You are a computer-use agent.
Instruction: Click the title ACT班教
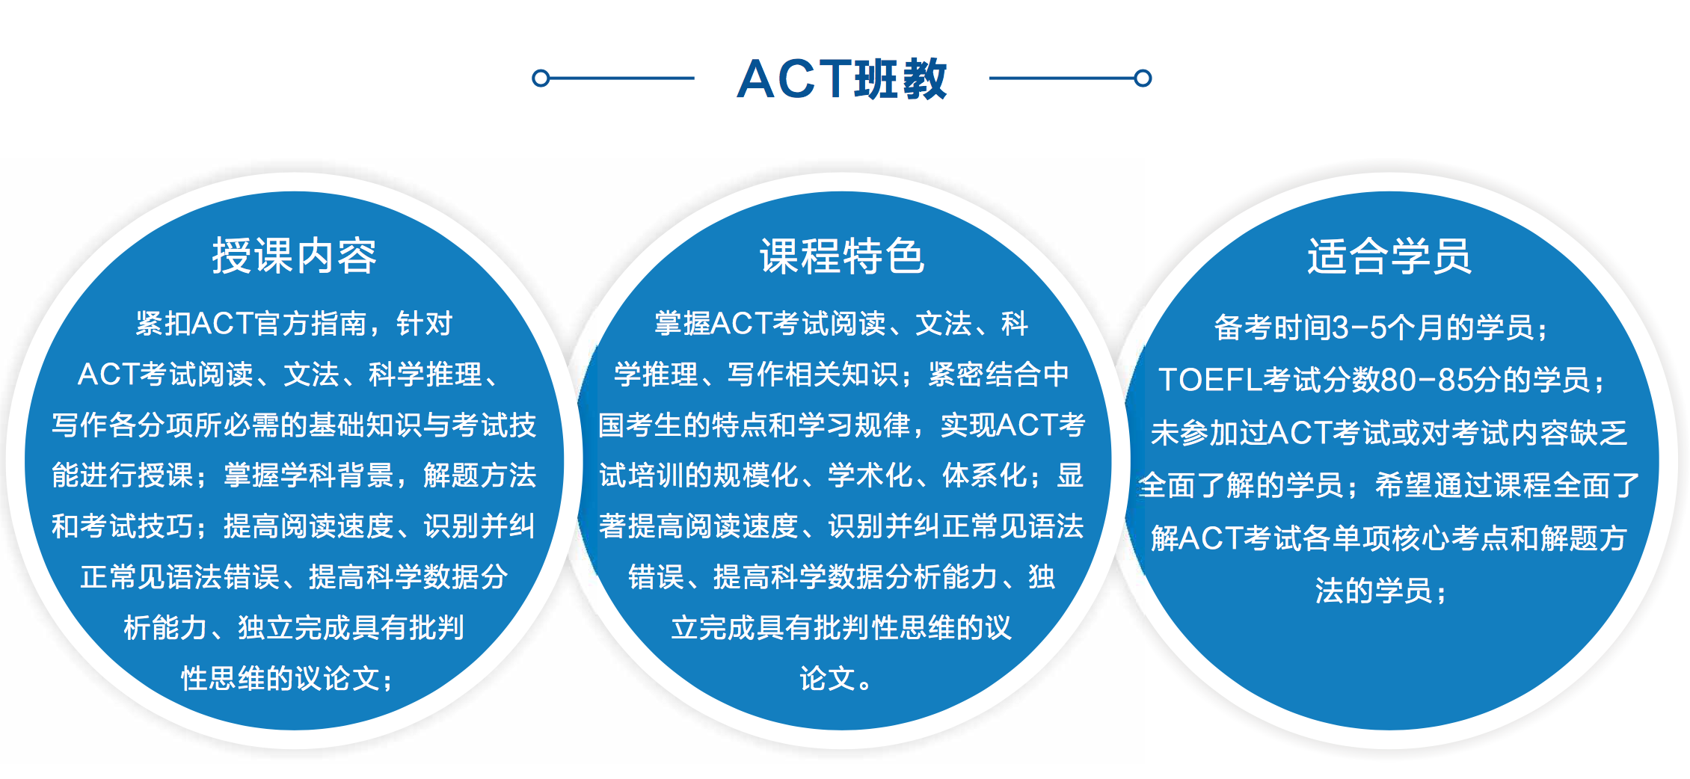(x=842, y=78)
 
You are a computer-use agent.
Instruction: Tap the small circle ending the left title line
(x=541, y=78)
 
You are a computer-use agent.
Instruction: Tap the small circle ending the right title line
(x=1143, y=78)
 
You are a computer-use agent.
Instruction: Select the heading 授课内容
(x=294, y=256)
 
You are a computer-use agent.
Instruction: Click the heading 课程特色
(x=842, y=256)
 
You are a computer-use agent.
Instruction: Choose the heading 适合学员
(x=1389, y=256)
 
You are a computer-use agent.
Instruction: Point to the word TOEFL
(x=1211, y=380)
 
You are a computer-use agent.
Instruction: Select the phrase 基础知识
(x=365, y=425)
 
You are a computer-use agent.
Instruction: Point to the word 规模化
(x=755, y=475)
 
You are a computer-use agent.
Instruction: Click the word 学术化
(x=870, y=475)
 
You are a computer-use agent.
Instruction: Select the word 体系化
(x=984, y=475)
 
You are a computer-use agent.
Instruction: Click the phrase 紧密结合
(x=984, y=375)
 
